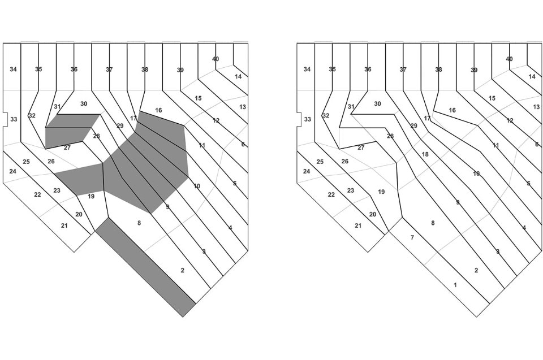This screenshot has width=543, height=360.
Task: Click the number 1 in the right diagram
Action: click(x=455, y=285)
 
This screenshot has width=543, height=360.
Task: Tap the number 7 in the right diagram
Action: click(x=412, y=237)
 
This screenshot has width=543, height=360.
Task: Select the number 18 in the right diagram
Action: click(x=425, y=154)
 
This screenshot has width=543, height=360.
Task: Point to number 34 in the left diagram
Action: click(x=14, y=70)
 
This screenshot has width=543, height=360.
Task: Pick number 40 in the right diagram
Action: click(x=509, y=59)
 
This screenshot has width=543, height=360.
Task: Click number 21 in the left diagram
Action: click(x=64, y=225)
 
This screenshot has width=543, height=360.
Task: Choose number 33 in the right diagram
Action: click(x=307, y=119)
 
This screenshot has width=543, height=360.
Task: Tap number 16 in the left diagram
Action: click(x=158, y=110)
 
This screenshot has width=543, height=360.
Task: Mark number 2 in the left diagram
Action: click(x=182, y=271)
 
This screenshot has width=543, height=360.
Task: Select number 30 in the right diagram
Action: click(x=377, y=104)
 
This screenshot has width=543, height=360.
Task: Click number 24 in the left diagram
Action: click(x=12, y=171)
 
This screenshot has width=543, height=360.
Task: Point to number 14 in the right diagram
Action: click(x=532, y=76)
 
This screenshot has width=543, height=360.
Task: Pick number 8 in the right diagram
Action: click(x=433, y=223)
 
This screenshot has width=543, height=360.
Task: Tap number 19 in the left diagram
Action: click(x=91, y=196)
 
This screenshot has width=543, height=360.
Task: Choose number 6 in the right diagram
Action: click(x=537, y=144)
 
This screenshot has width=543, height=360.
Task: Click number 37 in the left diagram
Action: click(x=109, y=70)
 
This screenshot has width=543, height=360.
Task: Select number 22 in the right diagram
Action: click(x=331, y=194)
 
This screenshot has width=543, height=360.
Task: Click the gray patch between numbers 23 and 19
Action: click(x=79, y=179)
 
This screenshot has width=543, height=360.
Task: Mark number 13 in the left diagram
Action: click(x=243, y=107)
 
